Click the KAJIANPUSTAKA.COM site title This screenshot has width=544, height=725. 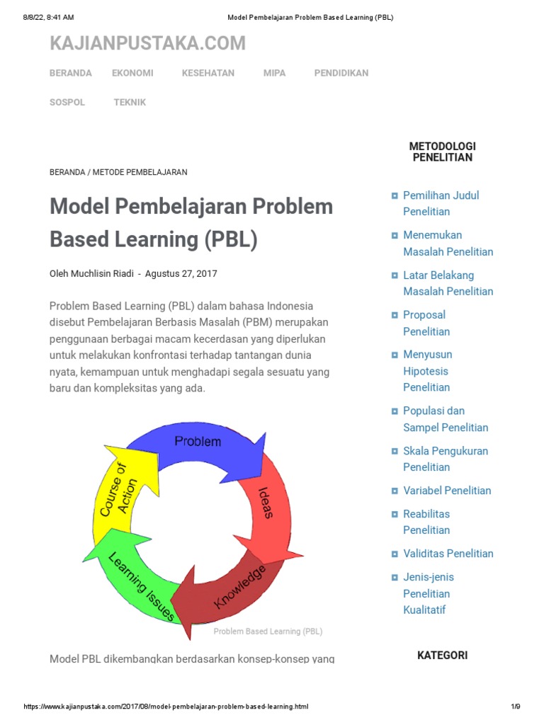pyautogui.click(x=147, y=44)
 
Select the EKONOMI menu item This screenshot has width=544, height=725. pyautogui.click(x=132, y=73)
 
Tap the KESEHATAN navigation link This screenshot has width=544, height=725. pyautogui.click(x=208, y=73)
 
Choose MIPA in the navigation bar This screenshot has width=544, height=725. pyautogui.click(x=274, y=73)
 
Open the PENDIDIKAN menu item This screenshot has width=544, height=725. pyautogui.click(x=341, y=73)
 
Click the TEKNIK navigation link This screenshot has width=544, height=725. pyautogui.click(x=130, y=103)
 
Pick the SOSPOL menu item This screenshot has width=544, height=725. pyautogui.click(x=67, y=103)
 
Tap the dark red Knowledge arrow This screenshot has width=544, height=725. pyautogui.click(x=234, y=588)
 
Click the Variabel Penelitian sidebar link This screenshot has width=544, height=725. pyautogui.click(x=447, y=491)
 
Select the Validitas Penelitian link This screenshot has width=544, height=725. pyautogui.click(x=448, y=554)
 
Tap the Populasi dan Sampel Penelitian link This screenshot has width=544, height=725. pyautogui.click(x=446, y=419)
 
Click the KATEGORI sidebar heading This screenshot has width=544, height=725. pyautogui.click(x=442, y=655)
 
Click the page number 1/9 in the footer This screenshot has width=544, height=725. pyautogui.click(x=515, y=707)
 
